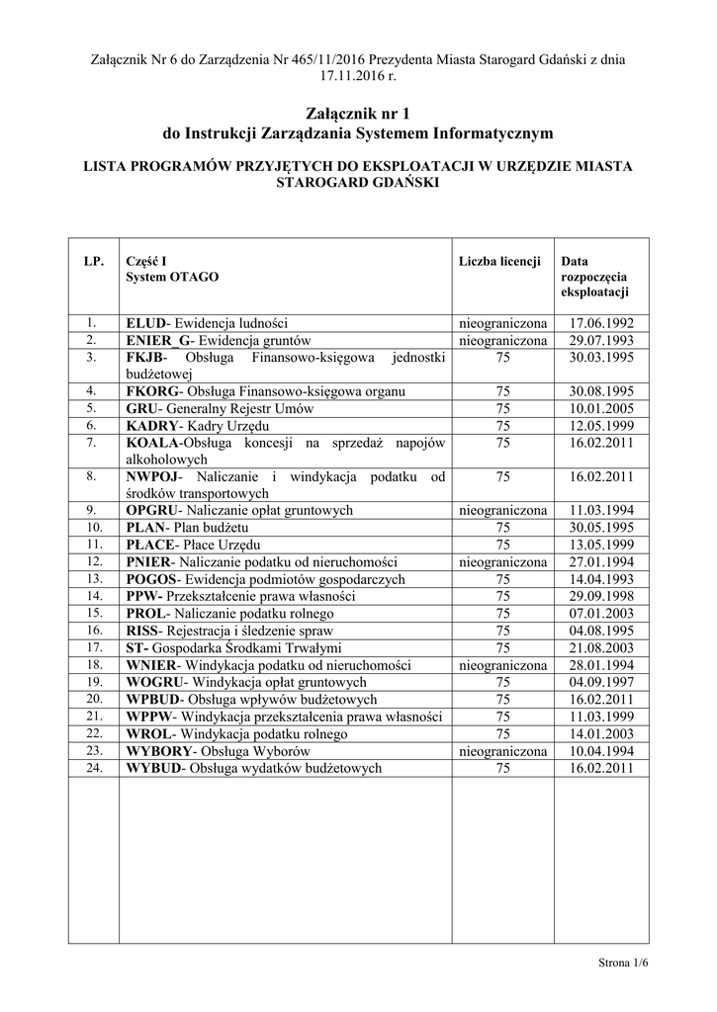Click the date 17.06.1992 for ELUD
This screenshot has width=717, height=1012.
click(x=601, y=324)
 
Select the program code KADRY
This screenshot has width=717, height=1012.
click(x=150, y=425)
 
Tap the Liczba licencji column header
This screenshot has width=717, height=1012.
click(x=499, y=262)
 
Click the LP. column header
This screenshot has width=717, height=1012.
click(x=93, y=262)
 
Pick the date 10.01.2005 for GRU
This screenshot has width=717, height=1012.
click(x=601, y=408)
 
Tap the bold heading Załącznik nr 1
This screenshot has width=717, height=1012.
click(x=358, y=114)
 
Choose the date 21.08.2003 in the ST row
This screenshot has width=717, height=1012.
click(x=601, y=647)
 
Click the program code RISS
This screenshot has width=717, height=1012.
click(x=144, y=631)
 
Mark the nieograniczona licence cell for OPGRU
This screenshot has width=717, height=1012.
click(x=502, y=511)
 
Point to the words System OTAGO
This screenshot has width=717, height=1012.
click(x=173, y=278)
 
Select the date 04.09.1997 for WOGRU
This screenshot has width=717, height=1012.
click(x=601, y=682)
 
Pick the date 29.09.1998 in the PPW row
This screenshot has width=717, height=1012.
click(x=601, y=596)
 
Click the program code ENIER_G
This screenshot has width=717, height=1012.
click(x=155, y=341)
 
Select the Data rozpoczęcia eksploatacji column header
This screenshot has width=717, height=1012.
click(x=594, y=278)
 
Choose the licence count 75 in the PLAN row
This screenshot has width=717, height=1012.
click(x=502, y=528)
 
